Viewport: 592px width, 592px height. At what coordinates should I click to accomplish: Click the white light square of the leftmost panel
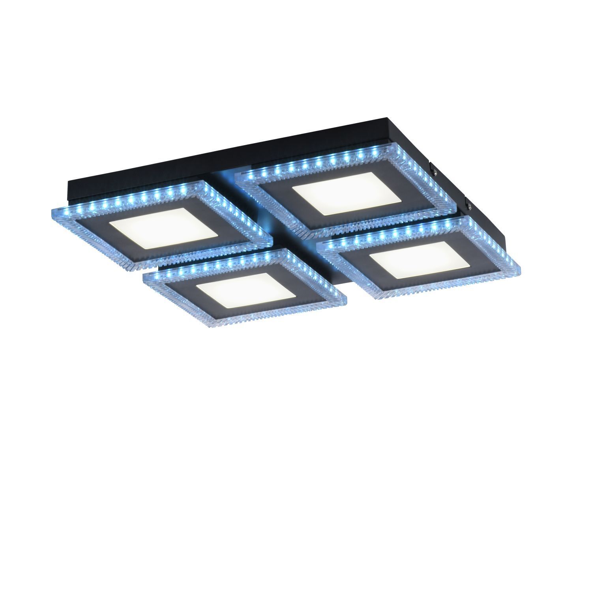pyautogui.click(x=164, y=228)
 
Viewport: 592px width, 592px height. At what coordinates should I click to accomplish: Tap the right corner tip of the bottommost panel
pyautogui.click(x=347, y=299)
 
